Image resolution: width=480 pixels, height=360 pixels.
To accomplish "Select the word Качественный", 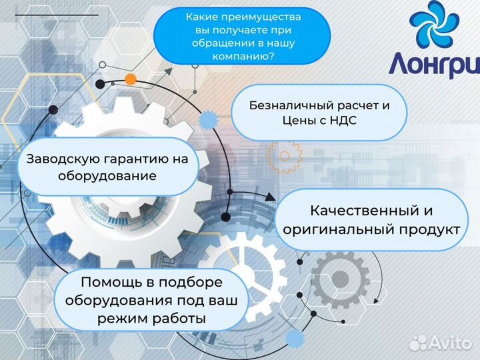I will tap(363, 211).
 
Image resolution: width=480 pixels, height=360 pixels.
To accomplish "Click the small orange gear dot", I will tap(131, 79).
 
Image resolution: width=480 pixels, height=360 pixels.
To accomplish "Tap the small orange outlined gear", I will tap(285, 157).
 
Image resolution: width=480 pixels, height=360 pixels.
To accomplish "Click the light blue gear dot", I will tap(209, 121).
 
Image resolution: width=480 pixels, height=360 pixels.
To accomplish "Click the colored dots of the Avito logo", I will tap(418, 342).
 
